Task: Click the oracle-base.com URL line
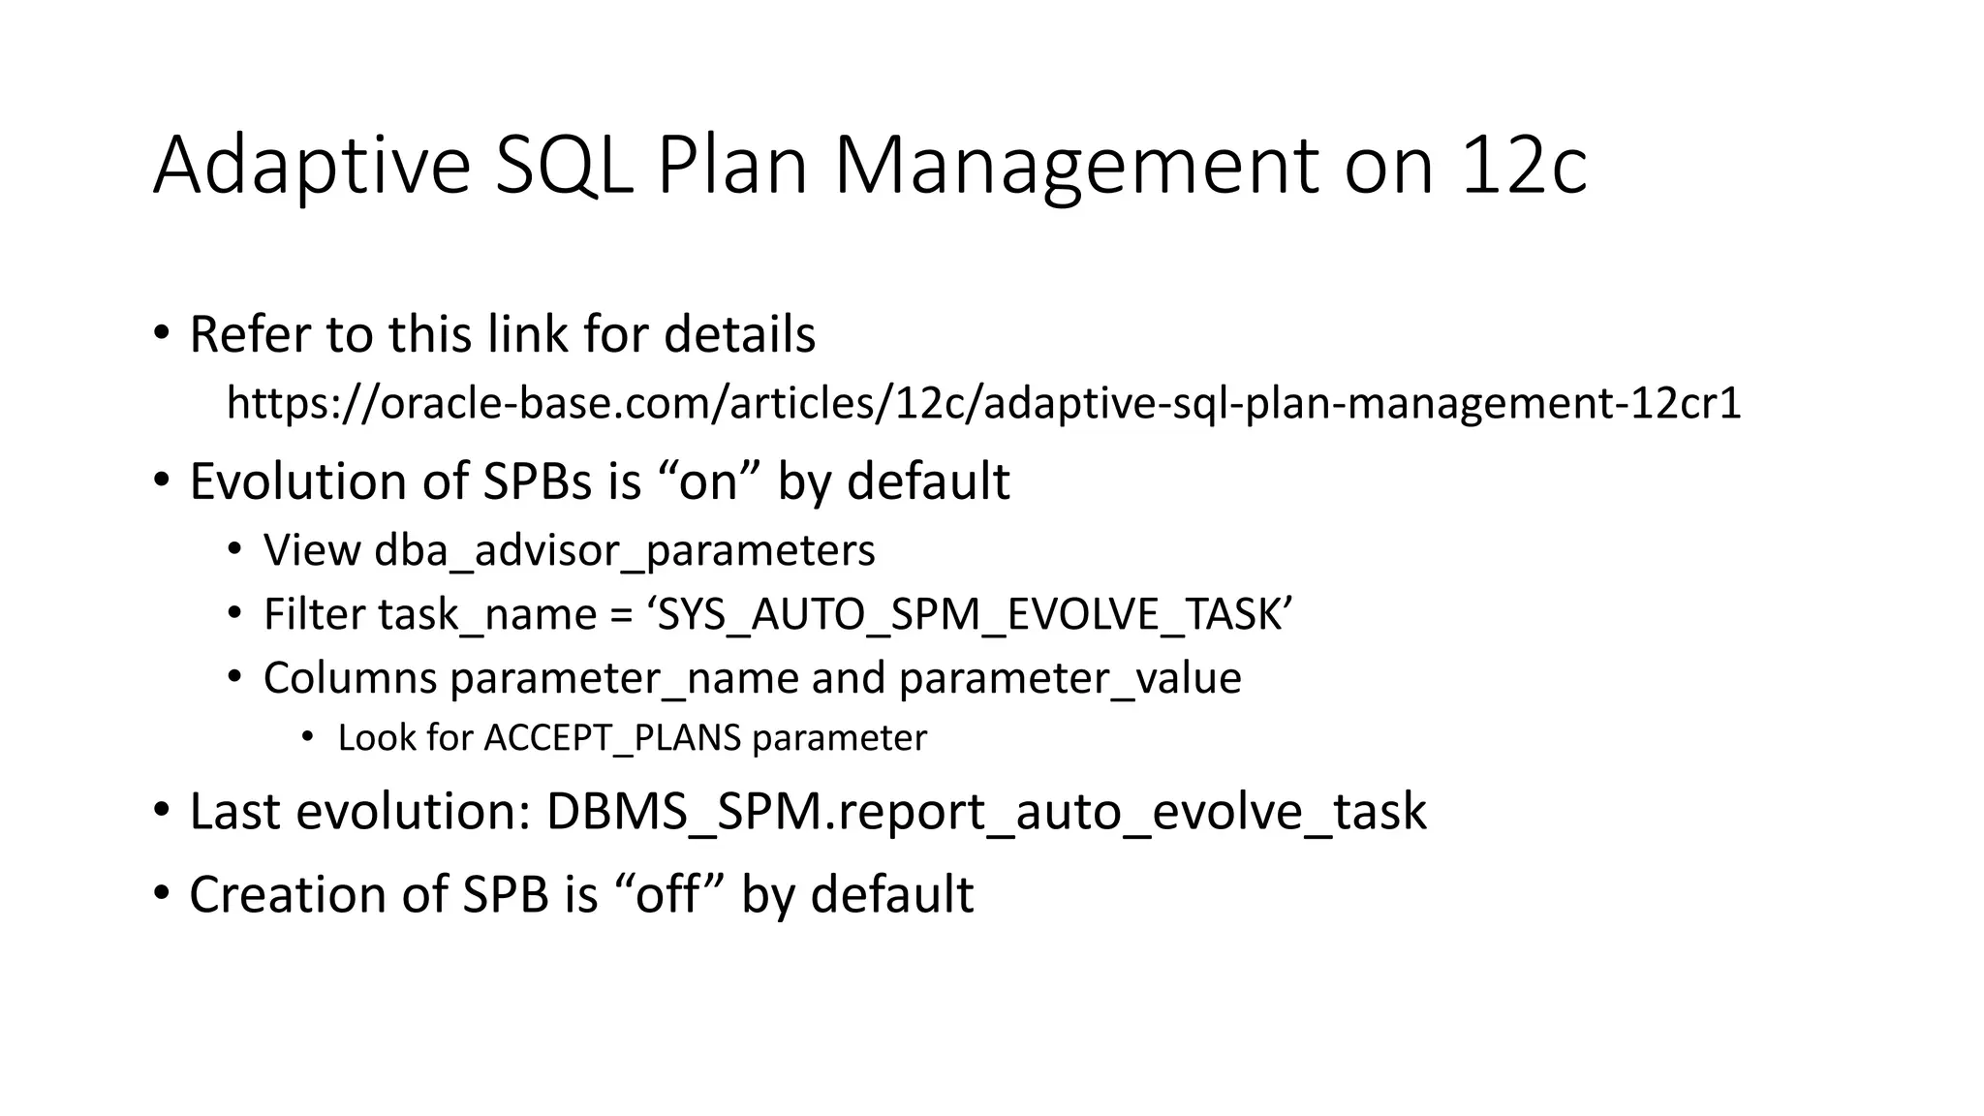point(983,402)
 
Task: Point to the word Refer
point(250,334)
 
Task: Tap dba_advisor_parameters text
point(624,550)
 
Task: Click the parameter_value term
point(1069,678)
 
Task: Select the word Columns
point(350,678)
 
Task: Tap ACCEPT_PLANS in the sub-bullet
point(612,738)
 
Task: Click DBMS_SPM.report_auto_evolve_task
point(985,812)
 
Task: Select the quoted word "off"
point(667,894)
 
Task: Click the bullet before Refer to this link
point(161,334)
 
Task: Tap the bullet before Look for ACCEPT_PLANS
point(308,738)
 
